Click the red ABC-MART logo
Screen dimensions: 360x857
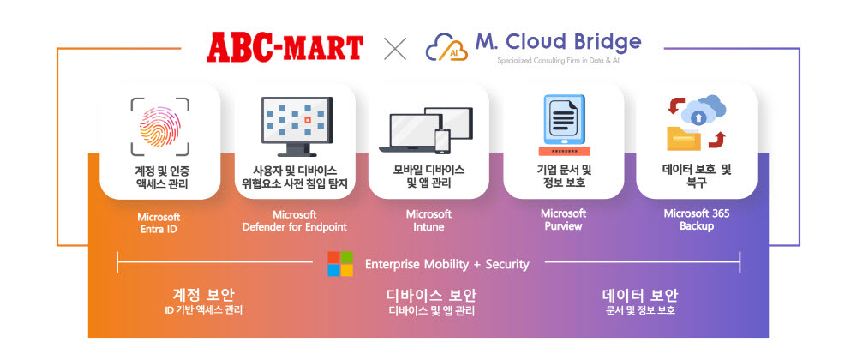click(284, 46)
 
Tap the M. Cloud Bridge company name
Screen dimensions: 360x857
click(557, 41)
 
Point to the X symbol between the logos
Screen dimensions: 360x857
click(394, 48)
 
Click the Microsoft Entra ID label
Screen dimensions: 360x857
click(159, 223)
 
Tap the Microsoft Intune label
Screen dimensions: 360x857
click(428, 220)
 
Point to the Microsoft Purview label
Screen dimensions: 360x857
click(563, 219)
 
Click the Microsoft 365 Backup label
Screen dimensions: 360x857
click(697, 219)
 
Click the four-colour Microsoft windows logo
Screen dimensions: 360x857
click(340, 264)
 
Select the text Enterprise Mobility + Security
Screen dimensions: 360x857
click(446, 264)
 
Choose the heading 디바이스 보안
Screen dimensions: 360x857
click(431, 296)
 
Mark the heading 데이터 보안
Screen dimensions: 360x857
click(640, 296)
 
